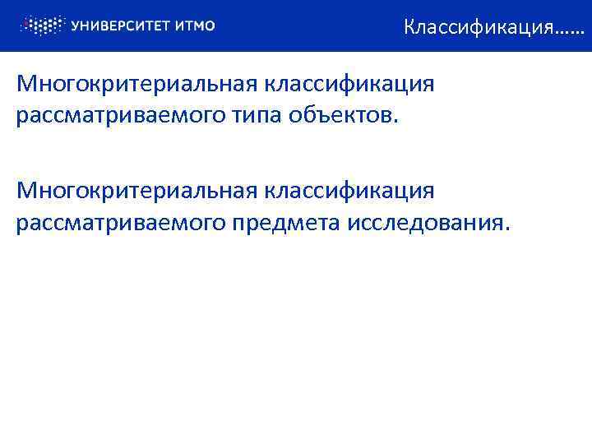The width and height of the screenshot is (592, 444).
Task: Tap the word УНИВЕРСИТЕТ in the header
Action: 120,25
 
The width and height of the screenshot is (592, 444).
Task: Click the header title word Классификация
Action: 478,27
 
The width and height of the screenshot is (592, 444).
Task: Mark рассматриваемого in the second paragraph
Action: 119,222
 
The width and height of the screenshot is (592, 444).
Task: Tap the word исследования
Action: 425,222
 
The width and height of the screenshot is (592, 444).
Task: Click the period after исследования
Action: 506,228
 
